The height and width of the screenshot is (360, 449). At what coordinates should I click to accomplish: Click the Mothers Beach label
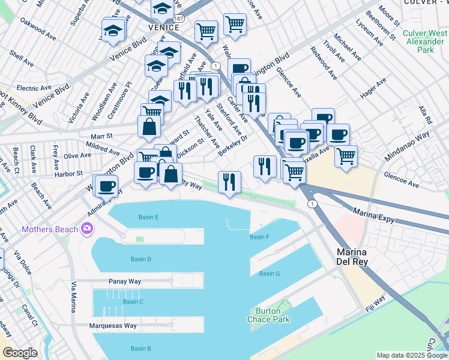pyautogui.click(x=50, y=229)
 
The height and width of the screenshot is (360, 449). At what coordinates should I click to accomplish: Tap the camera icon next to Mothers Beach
pyautogui.click(x=88, y=228)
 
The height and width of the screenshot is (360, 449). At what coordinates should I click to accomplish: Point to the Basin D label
pyautogui.click(x=141, y=259)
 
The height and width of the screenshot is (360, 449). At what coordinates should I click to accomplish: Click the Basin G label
pyautogui.click(x=270, y=274)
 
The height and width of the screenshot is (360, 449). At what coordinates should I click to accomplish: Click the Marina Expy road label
pyautogui.click(x=373, y=216)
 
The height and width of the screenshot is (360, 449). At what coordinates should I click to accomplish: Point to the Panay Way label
pyautogui.click(x=125, y=281)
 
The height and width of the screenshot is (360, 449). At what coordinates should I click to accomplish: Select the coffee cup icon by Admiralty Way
pyautogui.click(x=106, y=186)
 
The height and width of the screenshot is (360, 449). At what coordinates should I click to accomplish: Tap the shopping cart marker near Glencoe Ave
pyautogui.click(x=346, y=156)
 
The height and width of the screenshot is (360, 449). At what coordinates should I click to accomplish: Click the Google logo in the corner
pyautogui.click(x=20, y=353)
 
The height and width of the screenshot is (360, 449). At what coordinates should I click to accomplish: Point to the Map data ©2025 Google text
pyautogui.click(x=411, y=355)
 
